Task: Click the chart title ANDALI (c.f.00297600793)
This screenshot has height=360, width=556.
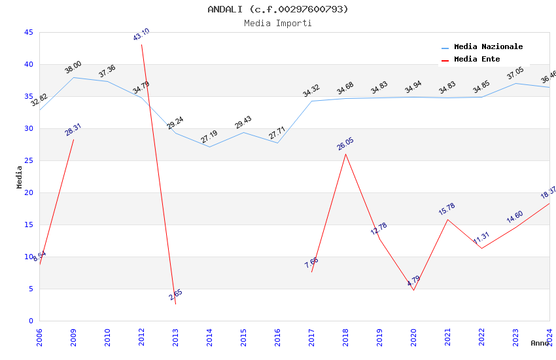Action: click(x=278, y=9)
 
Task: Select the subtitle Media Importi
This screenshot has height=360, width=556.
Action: click(x=278, y=23)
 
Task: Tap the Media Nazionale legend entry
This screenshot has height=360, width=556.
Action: click(x=488, y=47)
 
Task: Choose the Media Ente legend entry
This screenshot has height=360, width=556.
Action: click(x=477, y=60)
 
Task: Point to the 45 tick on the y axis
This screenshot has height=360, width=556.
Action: click(x=28, y=32)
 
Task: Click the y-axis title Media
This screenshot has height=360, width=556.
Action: click(x=20, y=177)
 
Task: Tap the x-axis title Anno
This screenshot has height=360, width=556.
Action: click(x=540, y=343)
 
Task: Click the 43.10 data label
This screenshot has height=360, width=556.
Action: click(x=141, y=35)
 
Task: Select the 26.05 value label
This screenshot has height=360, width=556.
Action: click(x=345, y=144)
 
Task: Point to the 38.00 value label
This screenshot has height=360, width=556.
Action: click(x=73, y=67)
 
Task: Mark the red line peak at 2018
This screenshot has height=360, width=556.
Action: click(x=345, y=154)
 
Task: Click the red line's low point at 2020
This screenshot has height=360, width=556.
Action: click(x=413, y=290)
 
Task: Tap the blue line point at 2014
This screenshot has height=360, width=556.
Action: click(x=209, y=147)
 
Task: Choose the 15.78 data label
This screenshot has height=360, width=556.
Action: click(x=447, y=209)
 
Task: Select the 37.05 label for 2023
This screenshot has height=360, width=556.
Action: click(x=515, y=73)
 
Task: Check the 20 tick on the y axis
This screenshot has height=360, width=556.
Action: click(x=28, y=192)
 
